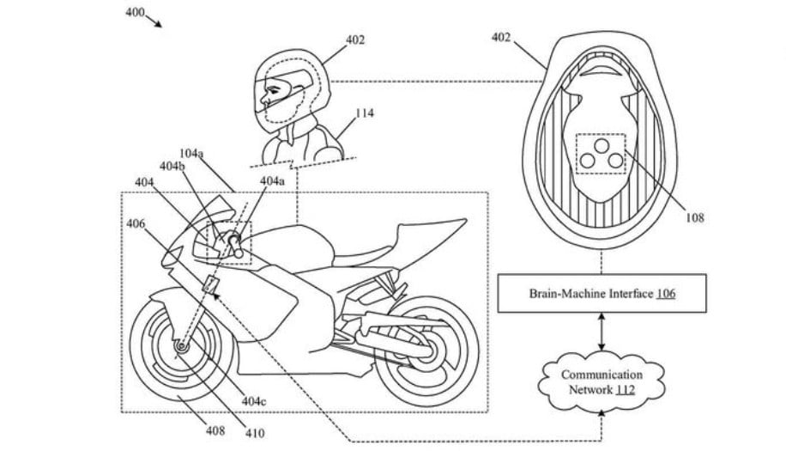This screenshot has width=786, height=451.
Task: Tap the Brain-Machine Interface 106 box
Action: pos(602,293)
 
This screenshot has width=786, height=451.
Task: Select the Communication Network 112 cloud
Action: pos(602,382)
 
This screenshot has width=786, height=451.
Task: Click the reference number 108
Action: pos(694,218)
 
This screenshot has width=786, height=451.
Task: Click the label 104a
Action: pos(190,154)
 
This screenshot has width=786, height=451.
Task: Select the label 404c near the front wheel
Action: pos(255,400)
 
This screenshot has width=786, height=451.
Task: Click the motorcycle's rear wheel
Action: pos(428,349)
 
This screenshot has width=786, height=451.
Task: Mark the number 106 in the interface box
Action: pos(666,293)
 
